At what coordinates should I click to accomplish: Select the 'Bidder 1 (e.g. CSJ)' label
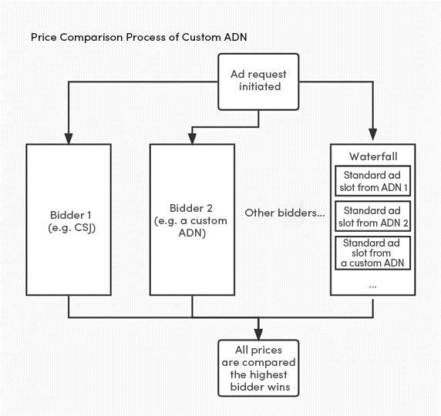[x=72, y=222]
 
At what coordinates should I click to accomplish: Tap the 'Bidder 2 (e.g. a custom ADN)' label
[x=191, y=220]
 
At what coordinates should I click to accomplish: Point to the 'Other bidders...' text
[x=284, y=213]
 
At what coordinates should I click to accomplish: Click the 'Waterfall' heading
[x=373, y=156]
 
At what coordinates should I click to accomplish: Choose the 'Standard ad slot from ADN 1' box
[x=372, y=181]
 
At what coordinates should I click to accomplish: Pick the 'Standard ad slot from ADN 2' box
[x=372, y=216]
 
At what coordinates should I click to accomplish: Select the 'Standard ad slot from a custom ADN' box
[x=372, y=253]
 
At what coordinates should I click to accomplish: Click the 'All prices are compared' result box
[x=258, y=368]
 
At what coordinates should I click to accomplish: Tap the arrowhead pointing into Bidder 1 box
[x=69, y=139]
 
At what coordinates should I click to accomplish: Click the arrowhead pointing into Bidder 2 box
[x=192, y=139]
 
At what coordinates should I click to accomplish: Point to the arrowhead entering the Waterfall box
[x=373, y=135]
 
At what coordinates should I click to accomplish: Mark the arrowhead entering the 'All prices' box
[x=258, y=334]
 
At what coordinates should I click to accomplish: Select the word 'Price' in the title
[x=44, y=37]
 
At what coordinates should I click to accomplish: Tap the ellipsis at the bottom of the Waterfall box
[x=372, y=287]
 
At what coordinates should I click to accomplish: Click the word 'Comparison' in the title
[x=91, y=38]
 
